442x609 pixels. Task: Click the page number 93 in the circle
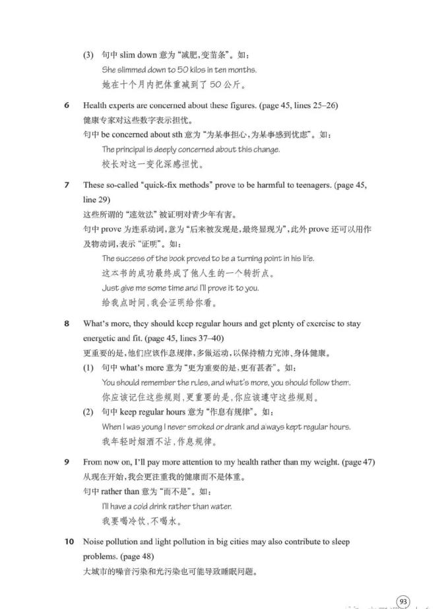coord(402,600)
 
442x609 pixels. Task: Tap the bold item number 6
coord(67,105)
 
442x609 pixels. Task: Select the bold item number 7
coord(67,185)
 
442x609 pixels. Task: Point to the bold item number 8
coord(67,324)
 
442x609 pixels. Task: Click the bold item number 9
coord(67,462)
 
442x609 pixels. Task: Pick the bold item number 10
coord(69,542)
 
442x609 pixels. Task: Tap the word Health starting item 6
coord(96,105)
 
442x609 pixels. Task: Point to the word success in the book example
coord(130,258)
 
